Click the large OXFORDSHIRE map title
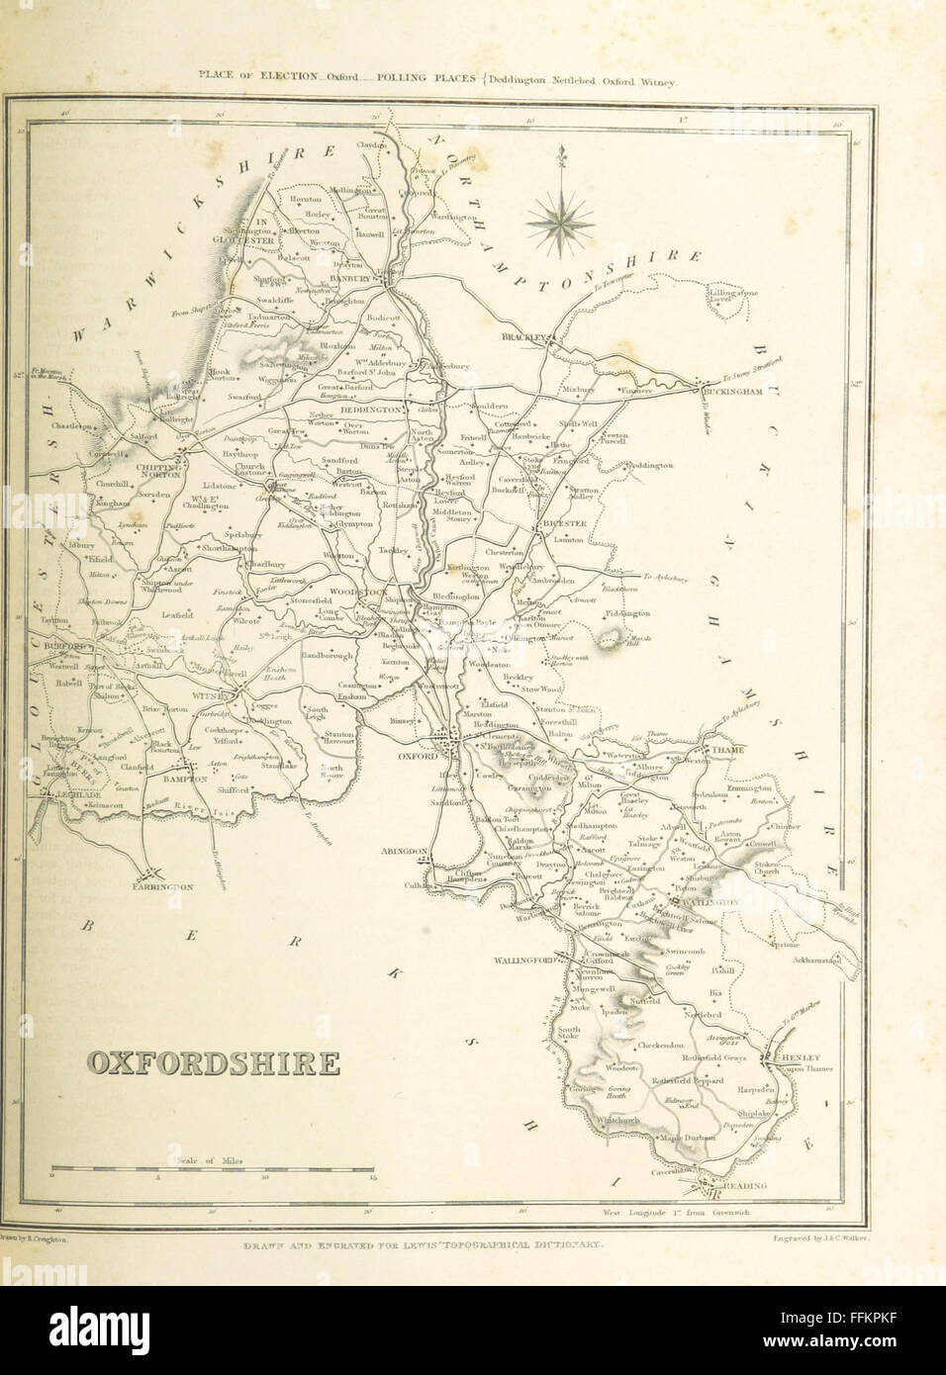tap(214, 1063)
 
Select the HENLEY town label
tap(800, 1056)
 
